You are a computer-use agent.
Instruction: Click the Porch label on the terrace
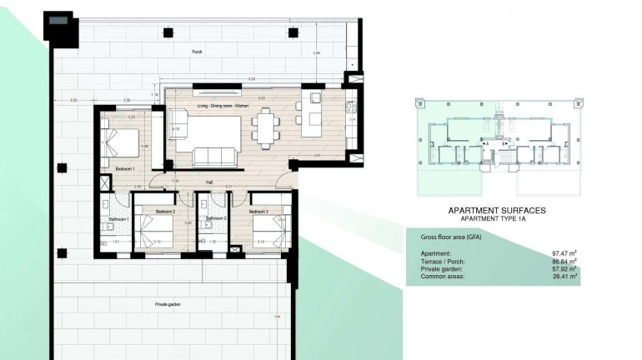point(198,52)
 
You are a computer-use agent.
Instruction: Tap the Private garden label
point(168,305)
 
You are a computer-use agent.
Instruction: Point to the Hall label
point(209,185)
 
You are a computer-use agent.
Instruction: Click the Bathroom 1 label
point(113,219)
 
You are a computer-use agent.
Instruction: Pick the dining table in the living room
point(265,129)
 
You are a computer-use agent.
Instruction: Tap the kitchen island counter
point(314,117)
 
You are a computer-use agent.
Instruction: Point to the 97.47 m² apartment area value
point(564,252)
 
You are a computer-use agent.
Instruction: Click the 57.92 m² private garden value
point(564,269)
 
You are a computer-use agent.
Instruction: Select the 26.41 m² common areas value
point(564,277)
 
